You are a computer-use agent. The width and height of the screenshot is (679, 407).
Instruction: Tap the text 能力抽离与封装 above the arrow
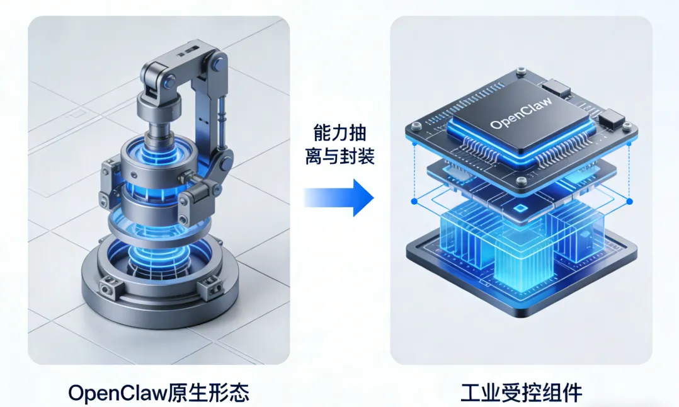pos(339,145)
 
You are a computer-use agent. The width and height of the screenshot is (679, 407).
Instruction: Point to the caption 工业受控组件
pos(521,393)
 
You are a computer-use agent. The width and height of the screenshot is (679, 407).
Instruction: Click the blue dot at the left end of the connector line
pos(414,202)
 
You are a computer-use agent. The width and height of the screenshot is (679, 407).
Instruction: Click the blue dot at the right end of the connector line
pos(630,201)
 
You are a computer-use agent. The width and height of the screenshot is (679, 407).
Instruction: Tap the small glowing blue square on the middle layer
pos(520,208)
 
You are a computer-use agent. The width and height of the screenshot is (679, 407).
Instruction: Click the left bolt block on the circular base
pos(108,287)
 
